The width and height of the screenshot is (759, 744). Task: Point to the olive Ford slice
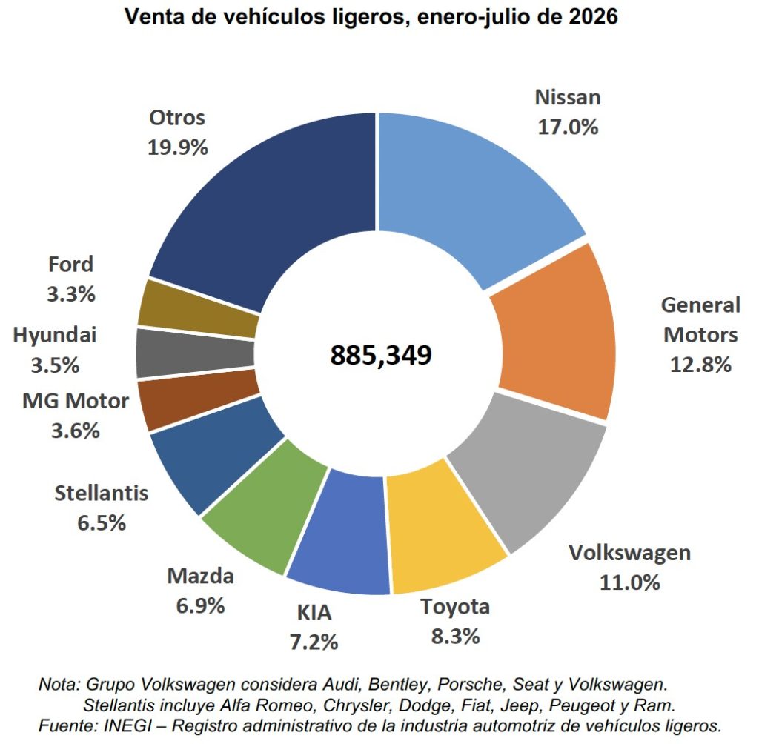click(199, 310)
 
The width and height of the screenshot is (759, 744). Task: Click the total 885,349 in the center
click(381, 354)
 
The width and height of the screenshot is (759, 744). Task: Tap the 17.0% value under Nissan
click(568, 127)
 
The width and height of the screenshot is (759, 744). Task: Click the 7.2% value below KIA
click(314, 642)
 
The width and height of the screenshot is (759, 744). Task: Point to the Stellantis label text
click(101, 493)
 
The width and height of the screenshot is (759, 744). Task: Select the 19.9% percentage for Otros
click(178, 147)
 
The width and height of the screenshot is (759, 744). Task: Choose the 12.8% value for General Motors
click(700, 365)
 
